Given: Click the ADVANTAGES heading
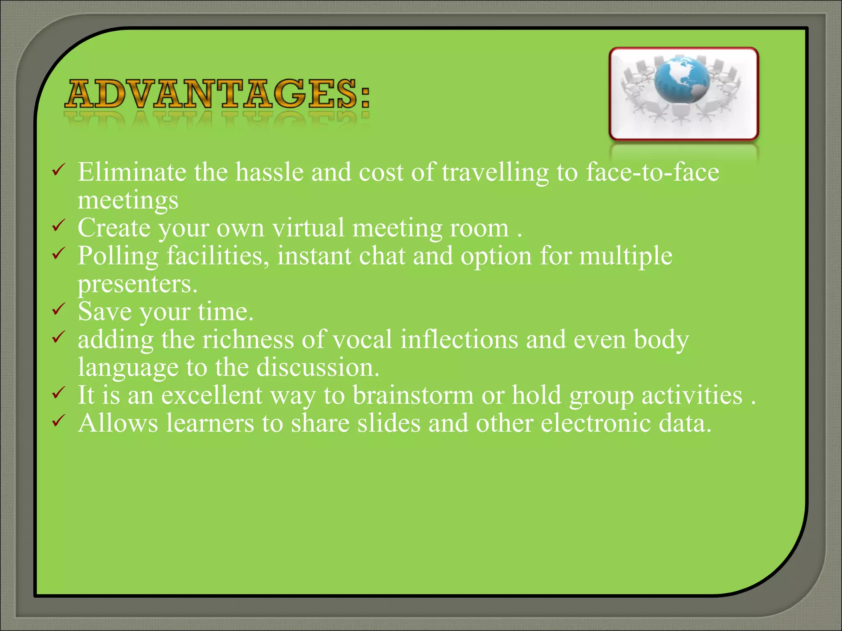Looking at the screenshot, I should click(x=217, y=94).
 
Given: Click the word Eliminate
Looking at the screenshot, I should click(x=132, y=172).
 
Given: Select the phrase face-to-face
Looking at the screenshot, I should click(x=652, y=172).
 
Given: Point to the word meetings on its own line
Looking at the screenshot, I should click(x=128, y=200).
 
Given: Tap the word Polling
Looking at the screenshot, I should click(x=118, y=256).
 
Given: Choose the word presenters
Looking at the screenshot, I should click(x=137, y=284).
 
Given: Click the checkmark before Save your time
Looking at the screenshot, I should click(x=58, y=309).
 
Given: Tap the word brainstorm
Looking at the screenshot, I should click(x=413, y=395).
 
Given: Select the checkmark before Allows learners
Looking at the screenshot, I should click(x=58, y=420).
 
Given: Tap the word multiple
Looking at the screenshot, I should click(x=626, y=256).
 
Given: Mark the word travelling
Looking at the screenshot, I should click(x=495, y=173).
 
